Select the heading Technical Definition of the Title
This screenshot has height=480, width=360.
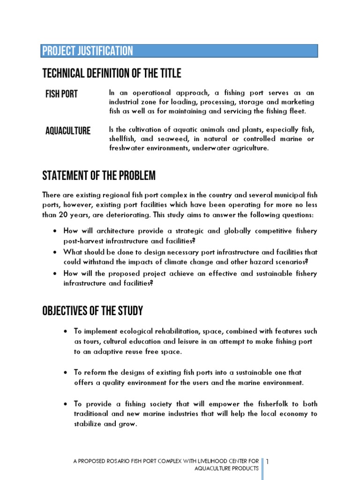point(112,74)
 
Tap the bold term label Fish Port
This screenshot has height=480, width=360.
point(61,94)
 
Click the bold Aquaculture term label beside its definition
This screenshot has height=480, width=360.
point(68,131)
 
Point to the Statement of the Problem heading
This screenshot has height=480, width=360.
point(99,176)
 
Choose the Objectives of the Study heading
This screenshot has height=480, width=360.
point(92,311)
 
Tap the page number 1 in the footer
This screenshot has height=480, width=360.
point(267,462)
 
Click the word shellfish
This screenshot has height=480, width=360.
point(123,139)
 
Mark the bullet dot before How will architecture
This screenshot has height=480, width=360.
point(55,232)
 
